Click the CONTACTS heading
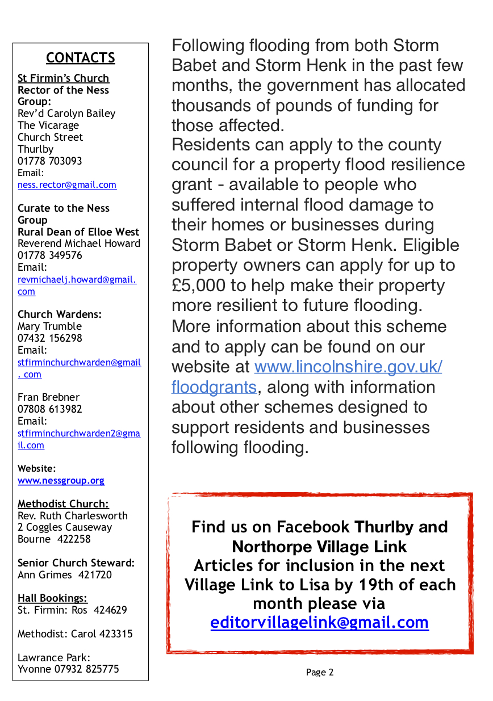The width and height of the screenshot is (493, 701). click(80, 58)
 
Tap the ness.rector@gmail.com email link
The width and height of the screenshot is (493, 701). click(67, 184)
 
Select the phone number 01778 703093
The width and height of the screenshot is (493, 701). click(50, 161)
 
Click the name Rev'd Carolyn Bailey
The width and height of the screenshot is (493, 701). click(66, 114)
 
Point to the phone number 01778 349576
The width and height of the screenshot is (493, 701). click(50, 255)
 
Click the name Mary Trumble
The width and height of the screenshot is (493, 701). click(49, 326)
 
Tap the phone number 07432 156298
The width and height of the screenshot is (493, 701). click(50, 338)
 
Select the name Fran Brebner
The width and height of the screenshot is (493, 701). click(48, 397)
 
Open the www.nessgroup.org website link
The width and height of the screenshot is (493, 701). click(61, 480)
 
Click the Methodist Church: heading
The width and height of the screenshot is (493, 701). click(63, 503)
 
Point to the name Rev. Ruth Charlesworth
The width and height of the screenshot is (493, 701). click(73, 515)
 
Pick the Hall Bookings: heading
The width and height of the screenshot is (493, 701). click(53, 598)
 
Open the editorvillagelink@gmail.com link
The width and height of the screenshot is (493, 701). click(319, 623)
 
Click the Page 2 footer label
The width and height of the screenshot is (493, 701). click(320, 673)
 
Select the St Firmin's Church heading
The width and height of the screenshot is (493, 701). click(63, 78)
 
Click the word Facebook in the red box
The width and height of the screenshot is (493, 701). click(313, 527)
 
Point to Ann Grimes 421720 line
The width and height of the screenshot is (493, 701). click(65, 574)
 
